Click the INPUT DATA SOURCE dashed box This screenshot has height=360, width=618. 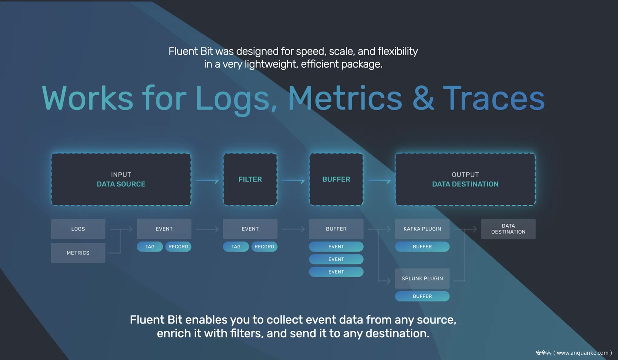(121, 179)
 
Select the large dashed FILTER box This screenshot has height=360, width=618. (250, 179)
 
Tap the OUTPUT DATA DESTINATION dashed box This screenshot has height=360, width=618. (465, 179)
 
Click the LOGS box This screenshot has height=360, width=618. (78, 229)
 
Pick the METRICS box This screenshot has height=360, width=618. (78, 253)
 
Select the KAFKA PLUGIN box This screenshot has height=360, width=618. (422, 229)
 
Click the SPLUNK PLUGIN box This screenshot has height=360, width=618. (422, 278)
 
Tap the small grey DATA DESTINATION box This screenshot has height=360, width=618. (508, 229)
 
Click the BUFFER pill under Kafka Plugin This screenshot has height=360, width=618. (422, 247)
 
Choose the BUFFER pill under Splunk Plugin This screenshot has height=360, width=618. (422, 296)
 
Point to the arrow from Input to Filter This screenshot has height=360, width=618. (207, 181)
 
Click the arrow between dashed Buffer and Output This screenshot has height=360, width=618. (380, 181)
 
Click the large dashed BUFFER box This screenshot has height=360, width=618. (336, 179)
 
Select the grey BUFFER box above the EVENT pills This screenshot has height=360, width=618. (336, 229)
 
